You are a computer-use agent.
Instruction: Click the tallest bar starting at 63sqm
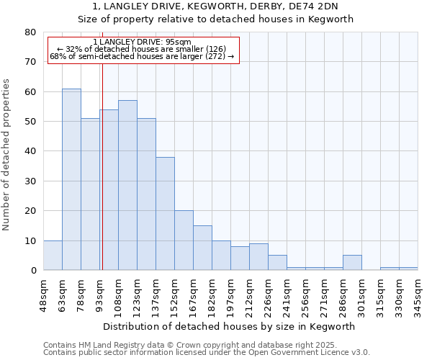point(71,179)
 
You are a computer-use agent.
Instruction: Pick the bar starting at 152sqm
point(184,240)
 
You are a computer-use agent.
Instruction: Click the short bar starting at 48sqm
point(53,256)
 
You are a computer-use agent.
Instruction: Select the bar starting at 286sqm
point(352,263)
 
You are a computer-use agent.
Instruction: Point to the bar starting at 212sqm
point(258,257)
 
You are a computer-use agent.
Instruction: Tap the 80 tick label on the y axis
point(30,32)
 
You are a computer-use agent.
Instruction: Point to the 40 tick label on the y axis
point(30,151)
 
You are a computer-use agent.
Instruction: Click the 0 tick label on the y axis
point(33,271)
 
